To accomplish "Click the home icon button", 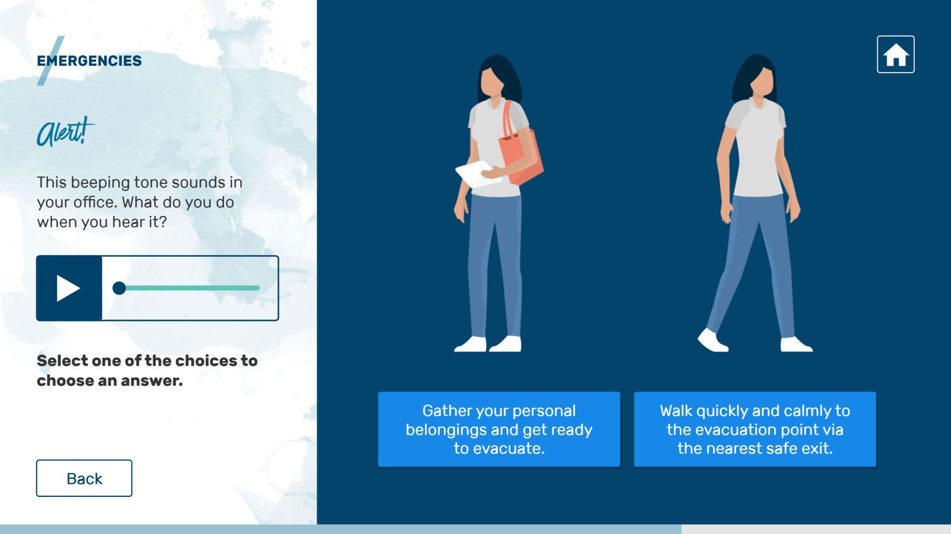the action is coord(895,54).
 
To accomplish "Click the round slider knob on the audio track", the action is coord(119,288).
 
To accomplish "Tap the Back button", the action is coord(84,478).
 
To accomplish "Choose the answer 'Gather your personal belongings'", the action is coord(499,429).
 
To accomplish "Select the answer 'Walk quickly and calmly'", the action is coord(755,429).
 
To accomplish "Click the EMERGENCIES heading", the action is coord(89,61).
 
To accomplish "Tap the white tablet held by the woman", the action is coord(478,174).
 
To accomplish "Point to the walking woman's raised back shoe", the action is coord(712,340).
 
